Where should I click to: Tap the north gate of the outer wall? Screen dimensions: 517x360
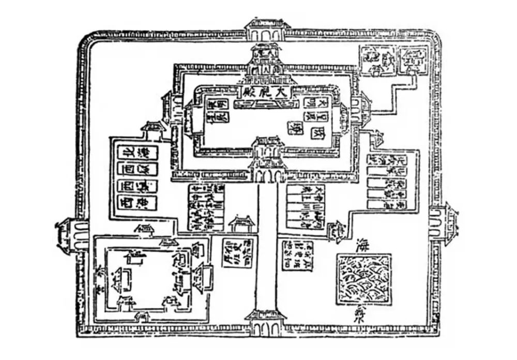(267, 31)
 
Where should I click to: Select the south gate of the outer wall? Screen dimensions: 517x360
(267, 322)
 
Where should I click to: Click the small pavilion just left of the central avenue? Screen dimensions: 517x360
(242, 223)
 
